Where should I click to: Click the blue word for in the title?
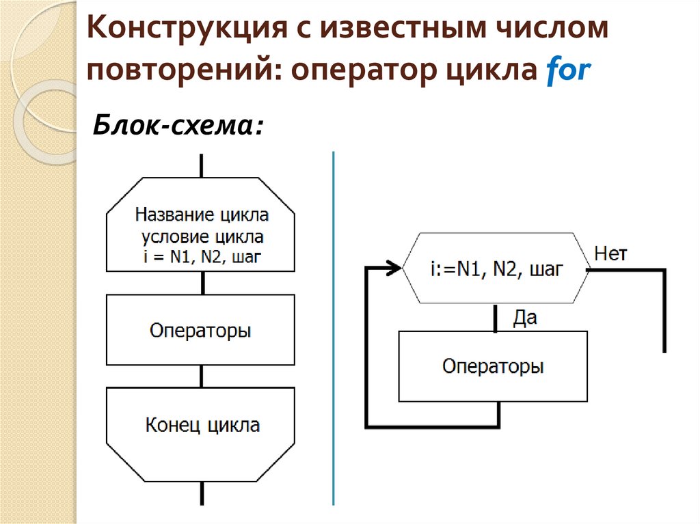pos(567,71)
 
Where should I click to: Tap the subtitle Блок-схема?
pos(178,126)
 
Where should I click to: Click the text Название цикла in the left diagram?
pos(202,215)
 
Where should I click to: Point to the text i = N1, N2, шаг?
pos(202,257)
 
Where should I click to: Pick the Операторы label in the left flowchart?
pos(201,331)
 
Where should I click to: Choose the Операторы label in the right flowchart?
pos(493,366)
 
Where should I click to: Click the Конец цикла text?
pos(202,425)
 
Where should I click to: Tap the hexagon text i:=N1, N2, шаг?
pos(496,270)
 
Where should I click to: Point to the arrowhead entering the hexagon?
pos(394,268)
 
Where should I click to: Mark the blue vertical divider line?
pos(334,328)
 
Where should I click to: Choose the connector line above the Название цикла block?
pos(201,165)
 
